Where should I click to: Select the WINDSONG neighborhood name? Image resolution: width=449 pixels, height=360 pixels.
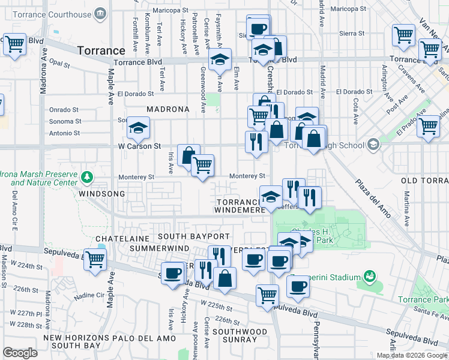tap(101, 194)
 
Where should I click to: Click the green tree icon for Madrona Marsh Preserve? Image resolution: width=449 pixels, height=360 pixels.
tap(88, 177)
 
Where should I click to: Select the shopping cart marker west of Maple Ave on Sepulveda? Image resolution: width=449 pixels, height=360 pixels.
tap(95, 260)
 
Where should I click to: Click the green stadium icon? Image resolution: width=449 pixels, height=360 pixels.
tap(370, 277)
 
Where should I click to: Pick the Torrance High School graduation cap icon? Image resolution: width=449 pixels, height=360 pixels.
tap(373, 145)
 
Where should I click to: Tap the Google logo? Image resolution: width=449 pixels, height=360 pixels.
tap(20, 353)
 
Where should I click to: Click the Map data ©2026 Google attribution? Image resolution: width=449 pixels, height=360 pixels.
tap(411, 355)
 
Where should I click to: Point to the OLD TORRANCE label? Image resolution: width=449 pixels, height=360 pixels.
tap(425, 181)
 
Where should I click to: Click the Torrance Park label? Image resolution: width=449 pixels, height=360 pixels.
tap(423, 299)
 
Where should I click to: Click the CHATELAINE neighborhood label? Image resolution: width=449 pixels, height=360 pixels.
tap(118, 238)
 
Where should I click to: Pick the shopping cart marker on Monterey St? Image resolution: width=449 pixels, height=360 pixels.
tap(203, 165)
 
